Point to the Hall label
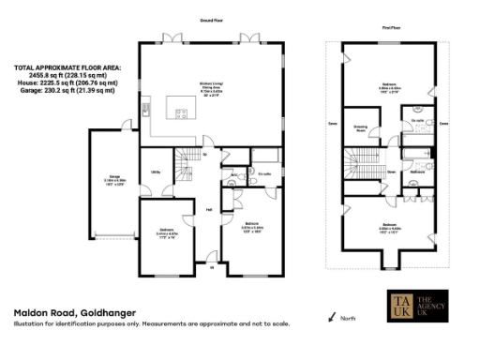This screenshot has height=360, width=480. [209, 209]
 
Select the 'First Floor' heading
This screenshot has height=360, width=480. [393, 29]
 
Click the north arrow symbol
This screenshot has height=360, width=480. [332, 318]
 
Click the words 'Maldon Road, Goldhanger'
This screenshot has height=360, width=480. [74, 311]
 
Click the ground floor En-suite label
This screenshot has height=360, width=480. [265, 173]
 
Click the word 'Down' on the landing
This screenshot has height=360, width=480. [391, 172]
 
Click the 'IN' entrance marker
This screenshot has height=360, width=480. [212, 267]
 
